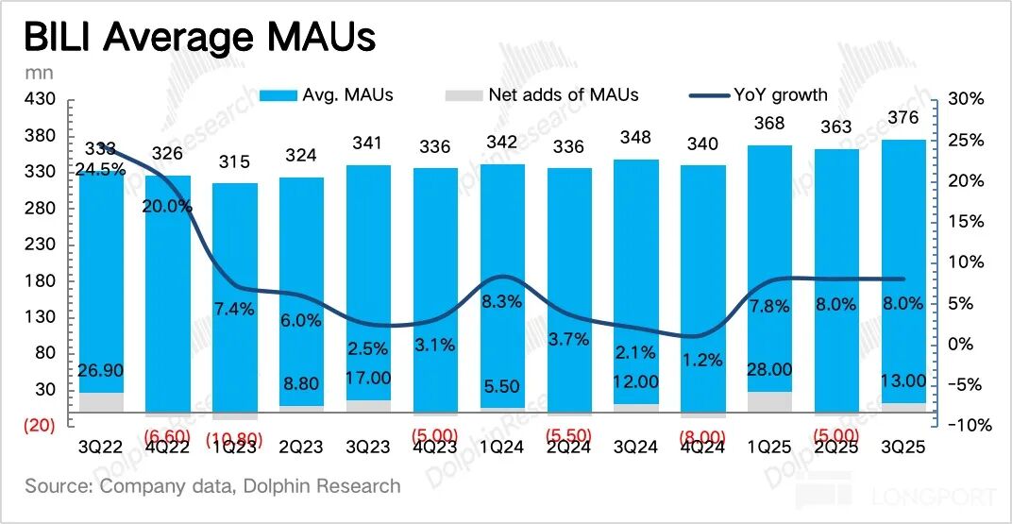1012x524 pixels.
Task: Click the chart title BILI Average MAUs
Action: (199, 37)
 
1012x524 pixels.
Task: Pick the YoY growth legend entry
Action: (760, 94)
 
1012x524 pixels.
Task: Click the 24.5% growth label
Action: (100, 170)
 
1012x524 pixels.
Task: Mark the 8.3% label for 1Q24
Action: (502, 301)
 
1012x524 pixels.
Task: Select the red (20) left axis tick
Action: (38, 426)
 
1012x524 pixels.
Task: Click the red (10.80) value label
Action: (234, 439)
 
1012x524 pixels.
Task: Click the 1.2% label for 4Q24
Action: (703, 360)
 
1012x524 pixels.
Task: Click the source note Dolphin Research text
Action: (212, 486)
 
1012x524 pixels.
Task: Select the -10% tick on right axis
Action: (967, 426)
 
